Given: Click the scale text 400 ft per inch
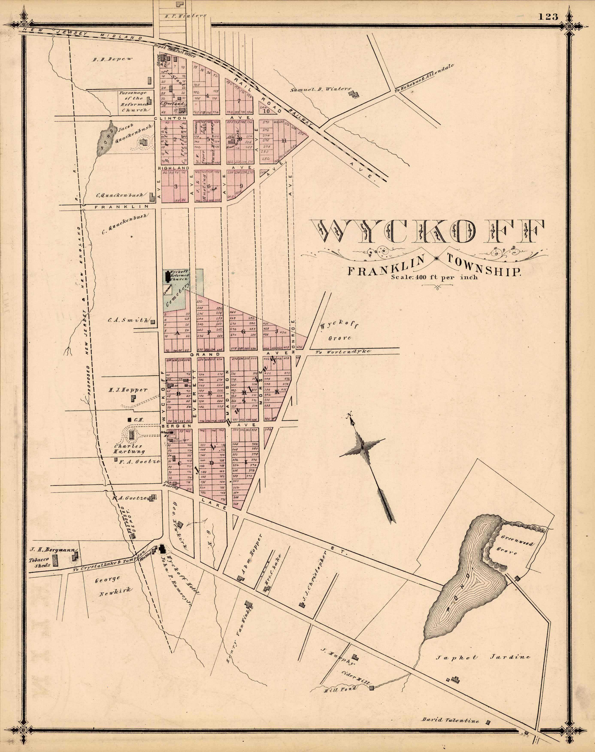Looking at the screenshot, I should click(434, 278).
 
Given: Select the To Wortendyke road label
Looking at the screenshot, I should click(343, 352).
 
